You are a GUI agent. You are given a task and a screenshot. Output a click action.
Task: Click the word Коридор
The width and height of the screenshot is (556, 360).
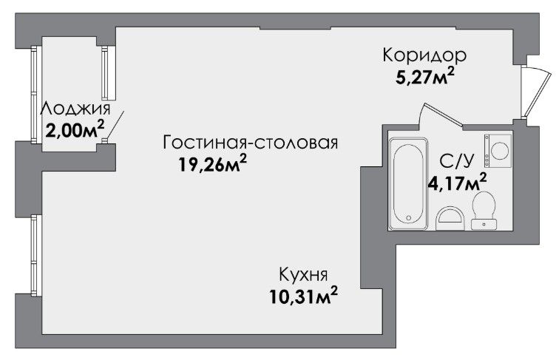click(424, 55)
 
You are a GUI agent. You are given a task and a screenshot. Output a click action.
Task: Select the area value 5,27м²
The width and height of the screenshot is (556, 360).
click(425, 77)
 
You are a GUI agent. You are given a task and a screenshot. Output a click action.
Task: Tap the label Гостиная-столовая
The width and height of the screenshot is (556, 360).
click(251, 143)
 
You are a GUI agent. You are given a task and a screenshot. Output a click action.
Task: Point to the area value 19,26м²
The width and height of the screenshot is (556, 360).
click(212, 163)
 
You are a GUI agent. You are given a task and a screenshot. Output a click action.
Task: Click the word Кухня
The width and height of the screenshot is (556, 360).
click(304, 274)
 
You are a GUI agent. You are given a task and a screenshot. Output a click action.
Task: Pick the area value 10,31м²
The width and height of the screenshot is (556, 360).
click(303, 296)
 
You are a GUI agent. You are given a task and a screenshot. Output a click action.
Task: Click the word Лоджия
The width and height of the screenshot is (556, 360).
click(75, 109)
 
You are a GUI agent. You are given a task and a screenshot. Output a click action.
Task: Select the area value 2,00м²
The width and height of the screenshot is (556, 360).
click(75, 130)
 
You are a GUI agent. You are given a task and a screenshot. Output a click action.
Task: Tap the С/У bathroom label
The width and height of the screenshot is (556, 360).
click(456, 161)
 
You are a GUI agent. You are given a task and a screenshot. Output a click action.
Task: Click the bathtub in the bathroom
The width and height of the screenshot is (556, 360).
click(408, 184)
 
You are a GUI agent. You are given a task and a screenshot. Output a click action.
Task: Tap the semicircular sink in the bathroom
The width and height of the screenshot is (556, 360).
click(450, 219)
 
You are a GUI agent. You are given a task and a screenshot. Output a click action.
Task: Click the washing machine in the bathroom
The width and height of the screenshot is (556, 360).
click(497, 150)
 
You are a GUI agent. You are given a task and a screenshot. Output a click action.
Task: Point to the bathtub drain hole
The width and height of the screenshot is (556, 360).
click(408, 218)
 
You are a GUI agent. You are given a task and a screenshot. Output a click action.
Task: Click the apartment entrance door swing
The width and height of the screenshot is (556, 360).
click(538, 92)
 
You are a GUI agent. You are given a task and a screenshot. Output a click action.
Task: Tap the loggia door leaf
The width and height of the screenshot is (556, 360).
click(115, 125)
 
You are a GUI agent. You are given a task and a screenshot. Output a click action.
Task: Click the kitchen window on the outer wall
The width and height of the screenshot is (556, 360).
click(34, 254)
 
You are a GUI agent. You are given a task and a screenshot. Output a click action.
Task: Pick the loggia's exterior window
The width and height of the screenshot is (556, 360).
click(34, 95)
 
